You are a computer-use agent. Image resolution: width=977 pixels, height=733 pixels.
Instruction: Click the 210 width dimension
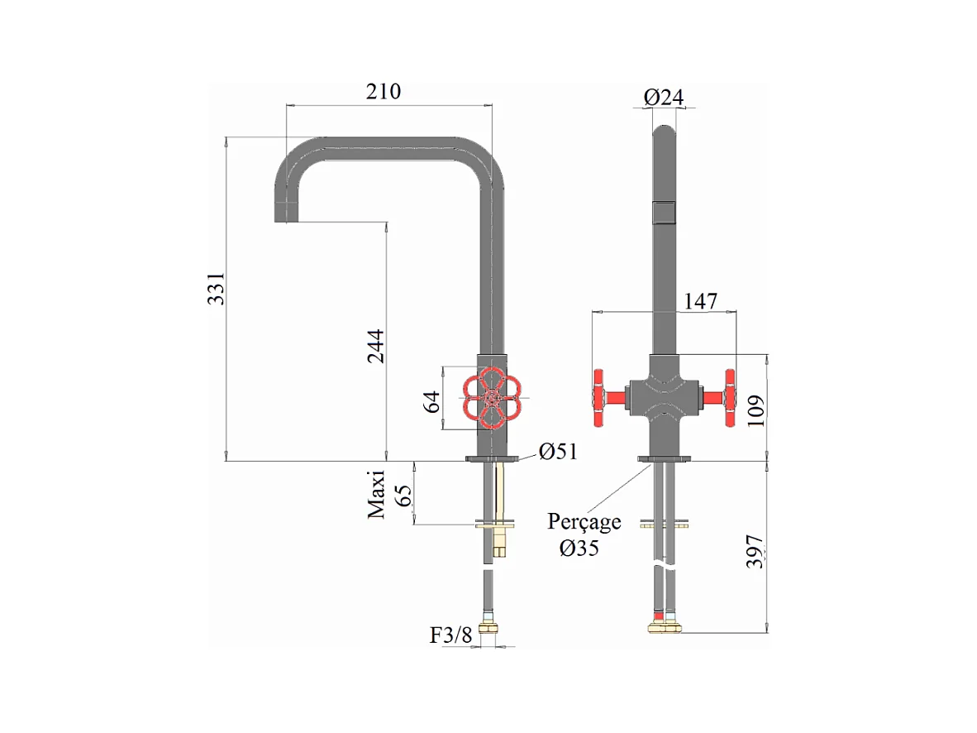coord(384,92)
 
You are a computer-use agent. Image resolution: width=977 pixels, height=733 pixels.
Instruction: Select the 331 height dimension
coord(217,288)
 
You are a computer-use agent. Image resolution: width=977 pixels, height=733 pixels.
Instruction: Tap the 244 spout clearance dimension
coord(375,346)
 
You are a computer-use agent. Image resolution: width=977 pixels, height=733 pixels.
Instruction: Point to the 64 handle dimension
coord(431,402)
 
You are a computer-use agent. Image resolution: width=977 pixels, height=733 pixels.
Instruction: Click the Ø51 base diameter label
coord(558,451)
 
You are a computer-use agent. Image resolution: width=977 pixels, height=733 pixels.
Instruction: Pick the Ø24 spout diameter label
coord(664,97)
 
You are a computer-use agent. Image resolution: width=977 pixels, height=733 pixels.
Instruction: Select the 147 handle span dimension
coord(700,301)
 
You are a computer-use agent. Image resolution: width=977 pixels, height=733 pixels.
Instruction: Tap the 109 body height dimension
coord(755,410)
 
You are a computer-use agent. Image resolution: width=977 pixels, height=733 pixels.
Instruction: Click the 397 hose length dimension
coord(755,552)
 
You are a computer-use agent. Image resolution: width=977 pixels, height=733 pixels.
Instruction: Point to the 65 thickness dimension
coord(403,496)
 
